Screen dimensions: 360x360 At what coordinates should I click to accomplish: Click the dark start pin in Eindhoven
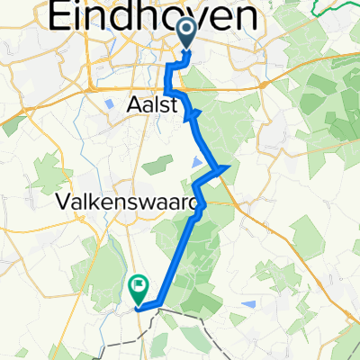click(x=187, y=33)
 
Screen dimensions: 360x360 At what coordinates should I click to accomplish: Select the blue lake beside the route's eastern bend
click(x=198, y=162)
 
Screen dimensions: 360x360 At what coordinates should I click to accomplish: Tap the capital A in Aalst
click(x=127, y=106)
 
